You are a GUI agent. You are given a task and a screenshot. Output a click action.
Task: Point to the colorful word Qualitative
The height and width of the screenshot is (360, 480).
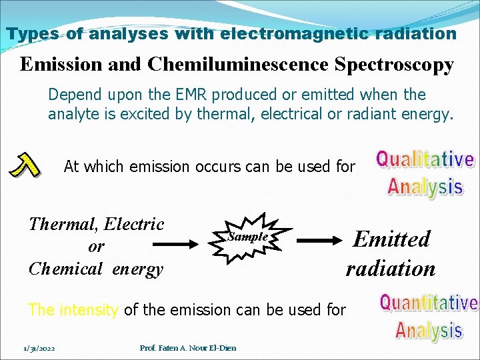tap(425, 160)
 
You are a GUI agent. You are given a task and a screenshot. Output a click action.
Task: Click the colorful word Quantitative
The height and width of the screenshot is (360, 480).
tap(428, 303)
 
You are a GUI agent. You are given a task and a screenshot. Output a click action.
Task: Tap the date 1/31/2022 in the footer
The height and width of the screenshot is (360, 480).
tap(39, 347)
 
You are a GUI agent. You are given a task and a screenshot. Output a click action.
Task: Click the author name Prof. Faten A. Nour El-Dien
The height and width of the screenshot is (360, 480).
tap(188, 347)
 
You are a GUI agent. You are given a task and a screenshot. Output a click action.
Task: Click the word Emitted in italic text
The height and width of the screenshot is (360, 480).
tap(391, 239)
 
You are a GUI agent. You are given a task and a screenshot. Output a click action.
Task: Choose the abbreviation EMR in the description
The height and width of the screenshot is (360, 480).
tap(208, 95)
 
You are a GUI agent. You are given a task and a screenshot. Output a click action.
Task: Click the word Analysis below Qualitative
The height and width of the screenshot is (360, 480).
tap(425, 186)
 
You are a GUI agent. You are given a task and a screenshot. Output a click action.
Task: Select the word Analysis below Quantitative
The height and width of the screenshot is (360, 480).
tap(428, 330)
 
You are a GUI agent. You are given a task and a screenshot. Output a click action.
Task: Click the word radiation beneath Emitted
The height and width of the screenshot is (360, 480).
tap(390, 268)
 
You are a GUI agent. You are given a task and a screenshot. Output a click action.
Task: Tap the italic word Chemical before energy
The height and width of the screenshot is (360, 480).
tap(65, 269)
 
